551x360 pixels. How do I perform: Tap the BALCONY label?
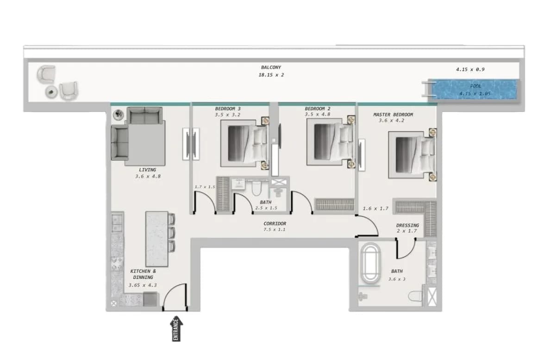click(271, 67)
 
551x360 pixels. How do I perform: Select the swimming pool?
click(475, 89)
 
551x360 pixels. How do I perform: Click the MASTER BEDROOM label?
click(393, 114)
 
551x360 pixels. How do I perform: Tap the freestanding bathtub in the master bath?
click(371, 263)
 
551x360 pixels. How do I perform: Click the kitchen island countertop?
click(157, 239)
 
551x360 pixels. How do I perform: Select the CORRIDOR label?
click(275, 224)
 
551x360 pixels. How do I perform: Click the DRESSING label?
click(407, 225)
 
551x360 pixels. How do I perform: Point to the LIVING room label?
click(148, 170)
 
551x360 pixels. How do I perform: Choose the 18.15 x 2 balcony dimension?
click(271, 75)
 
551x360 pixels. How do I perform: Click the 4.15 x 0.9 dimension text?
click(470, 69)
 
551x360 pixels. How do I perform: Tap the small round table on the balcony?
click(52, 92)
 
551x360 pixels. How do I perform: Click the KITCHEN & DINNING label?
click(143, 274)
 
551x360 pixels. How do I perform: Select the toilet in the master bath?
click(415, 297)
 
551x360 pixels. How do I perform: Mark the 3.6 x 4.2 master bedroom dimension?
click(391, 120)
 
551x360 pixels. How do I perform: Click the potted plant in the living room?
click(119, 114)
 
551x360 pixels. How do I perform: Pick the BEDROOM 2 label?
click(318, 109)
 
